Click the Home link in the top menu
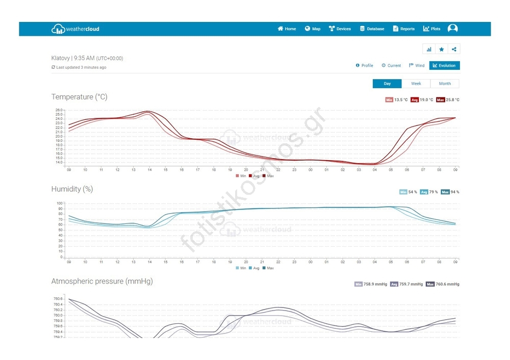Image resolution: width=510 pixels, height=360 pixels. click(x=287, y=29)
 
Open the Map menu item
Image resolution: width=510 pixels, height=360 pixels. click(x=313, y=29)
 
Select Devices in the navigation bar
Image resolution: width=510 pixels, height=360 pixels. click(x=340, y=29)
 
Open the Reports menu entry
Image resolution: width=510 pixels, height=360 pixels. click(x=403, y=29)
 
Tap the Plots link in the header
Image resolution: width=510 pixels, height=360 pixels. click(x=431, y=29)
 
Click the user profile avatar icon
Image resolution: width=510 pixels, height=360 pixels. click(x=452, y=29)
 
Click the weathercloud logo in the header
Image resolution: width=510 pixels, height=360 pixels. click(x=75, y=29)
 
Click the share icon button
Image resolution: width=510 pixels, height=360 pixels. click(x=454, y=49)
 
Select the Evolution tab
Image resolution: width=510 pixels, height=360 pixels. click(x=444, y=65)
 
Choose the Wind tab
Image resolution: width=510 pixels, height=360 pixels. click(x=417, y=65)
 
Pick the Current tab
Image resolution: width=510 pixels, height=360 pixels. click(x=391, y=65)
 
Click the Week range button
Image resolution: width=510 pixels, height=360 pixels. click(x=416, y=84)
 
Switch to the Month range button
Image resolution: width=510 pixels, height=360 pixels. click(x=445, y=84)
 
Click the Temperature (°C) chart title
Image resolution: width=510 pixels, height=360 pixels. click(x=79, y=97)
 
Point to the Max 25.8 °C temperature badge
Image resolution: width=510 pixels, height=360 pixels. click(x=447, y=100)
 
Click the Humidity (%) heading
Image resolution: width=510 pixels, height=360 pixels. click(x=72, y=189)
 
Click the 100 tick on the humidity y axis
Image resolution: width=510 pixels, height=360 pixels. click(x=59, y=203)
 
